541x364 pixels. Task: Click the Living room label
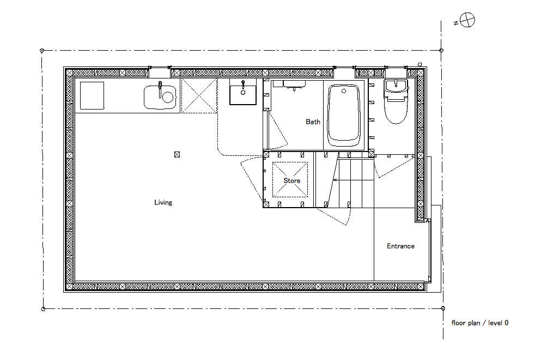click(163, 203)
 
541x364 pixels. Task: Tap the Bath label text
click(313, 122)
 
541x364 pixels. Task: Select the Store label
click(292, 181)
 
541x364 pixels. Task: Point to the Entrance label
click(400, 246)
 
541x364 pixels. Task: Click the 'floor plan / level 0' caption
click(480, 323)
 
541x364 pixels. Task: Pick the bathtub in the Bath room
click(344, 116)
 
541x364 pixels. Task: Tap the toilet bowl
click(396, 107)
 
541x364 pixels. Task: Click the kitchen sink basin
click(160, 98)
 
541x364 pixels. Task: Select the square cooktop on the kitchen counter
click(92, 95)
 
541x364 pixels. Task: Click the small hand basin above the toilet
click(396, 86)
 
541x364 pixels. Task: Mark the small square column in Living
click(177, 155)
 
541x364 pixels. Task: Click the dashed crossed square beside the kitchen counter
click(199, 95)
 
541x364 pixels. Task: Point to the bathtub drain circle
click(344, 91)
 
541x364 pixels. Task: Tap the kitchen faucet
click(160, 89)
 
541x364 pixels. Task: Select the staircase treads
click(350, 183)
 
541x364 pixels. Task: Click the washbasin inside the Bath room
click(294, 84)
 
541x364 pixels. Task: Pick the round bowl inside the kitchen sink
click(168, 98)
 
